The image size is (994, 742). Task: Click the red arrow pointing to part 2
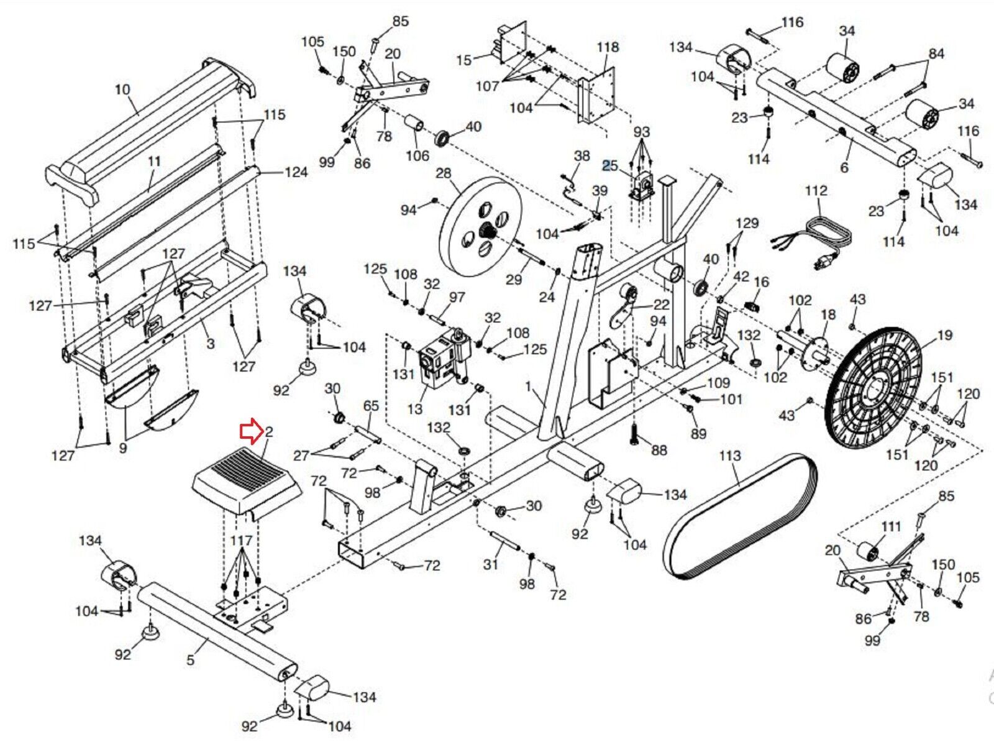coord(252,431)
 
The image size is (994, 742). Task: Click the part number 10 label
coord(122,89)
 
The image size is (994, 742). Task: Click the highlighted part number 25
coord(610,165)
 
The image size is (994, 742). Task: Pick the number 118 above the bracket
coord(608,47)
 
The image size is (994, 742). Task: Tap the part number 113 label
coord(730,456)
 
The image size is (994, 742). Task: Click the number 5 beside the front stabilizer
coord(190,659)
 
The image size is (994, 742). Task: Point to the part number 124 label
coord(296,172)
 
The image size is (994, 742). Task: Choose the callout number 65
coord(371,406)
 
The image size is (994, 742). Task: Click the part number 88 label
coord(659,449)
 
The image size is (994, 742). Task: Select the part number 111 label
coord(891,526)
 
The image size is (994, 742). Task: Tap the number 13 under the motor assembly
coord(414,409)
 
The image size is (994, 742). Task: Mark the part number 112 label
coord(816,191)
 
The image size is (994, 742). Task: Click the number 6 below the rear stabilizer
coord(844,168)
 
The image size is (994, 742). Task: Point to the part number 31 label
coord(491,564)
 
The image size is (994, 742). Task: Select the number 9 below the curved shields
coord(123,447)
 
